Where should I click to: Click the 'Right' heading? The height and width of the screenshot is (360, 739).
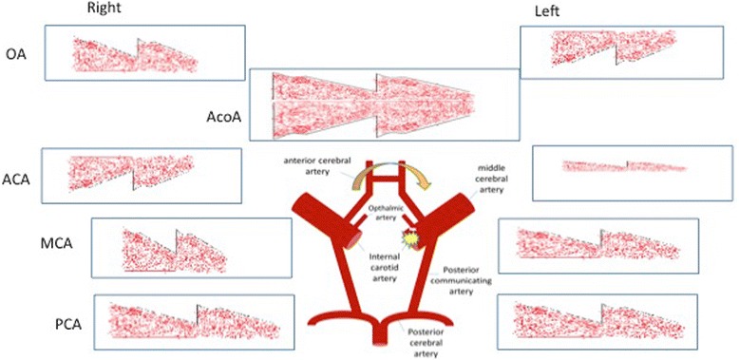pos(105,9)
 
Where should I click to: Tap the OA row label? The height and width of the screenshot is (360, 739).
pos(16,55)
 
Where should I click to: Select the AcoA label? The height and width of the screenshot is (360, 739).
pos(224,116)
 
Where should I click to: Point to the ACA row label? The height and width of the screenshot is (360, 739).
pos(18,179)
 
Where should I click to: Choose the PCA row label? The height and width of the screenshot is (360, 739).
pos(67,325)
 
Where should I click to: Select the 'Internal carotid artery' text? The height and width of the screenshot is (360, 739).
pos(388,259)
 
